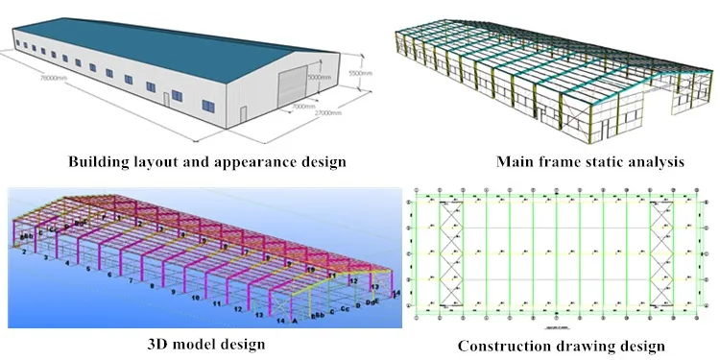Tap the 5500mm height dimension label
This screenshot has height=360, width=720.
[x=356, y=72]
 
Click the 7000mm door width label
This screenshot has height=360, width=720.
[x=304, y=105]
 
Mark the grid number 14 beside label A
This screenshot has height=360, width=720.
[x=281, y=322]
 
